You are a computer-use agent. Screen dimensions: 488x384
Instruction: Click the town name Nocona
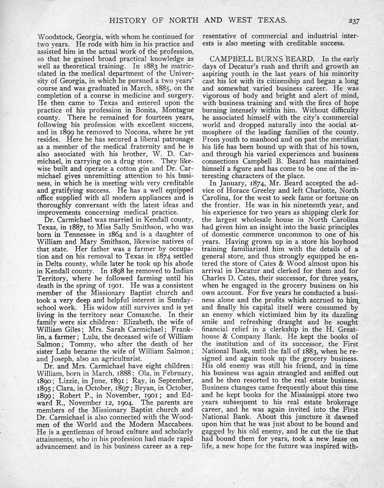[129, 132]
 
